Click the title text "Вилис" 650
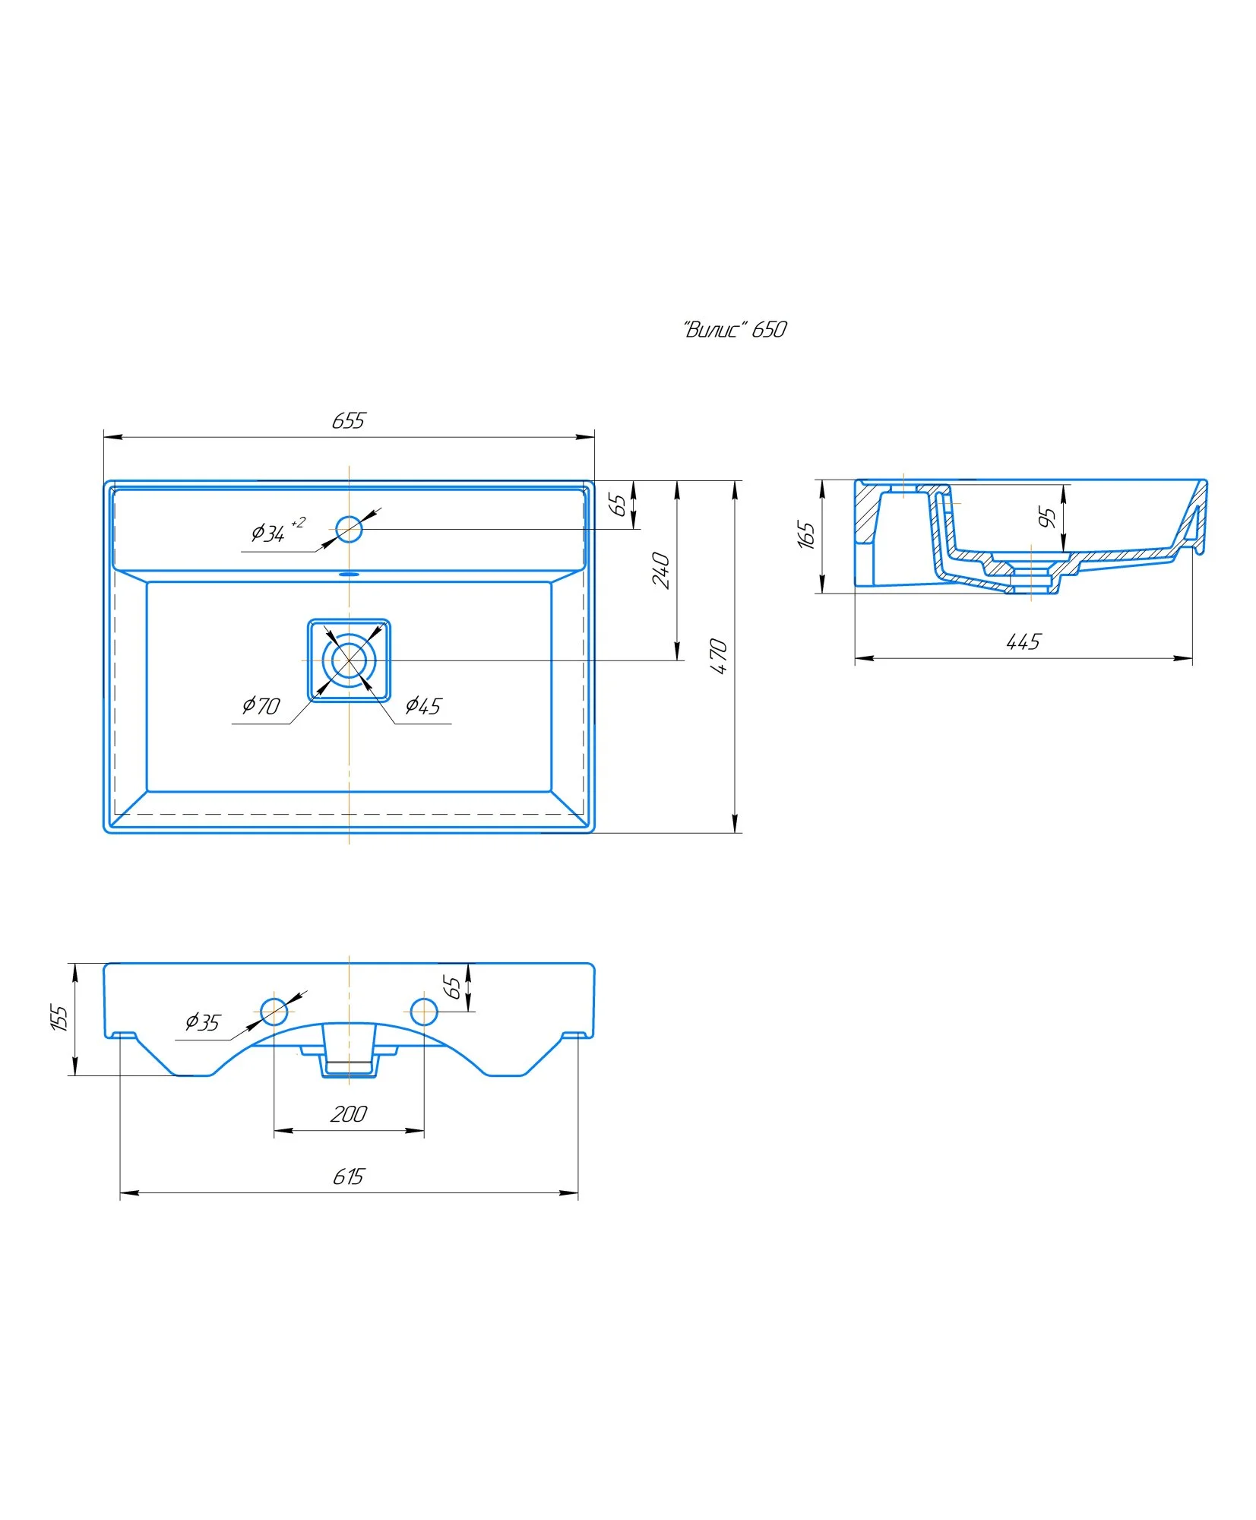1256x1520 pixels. pyautogui.click(x=734, y=329)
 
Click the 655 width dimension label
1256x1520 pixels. pyautogui.click(x=349, y=420)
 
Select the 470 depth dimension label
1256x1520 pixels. pyautogui.click(x=718, y=656)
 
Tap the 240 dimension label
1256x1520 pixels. pyautogui.click(x=661, y=570)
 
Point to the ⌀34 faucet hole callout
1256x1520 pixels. pyautogui.click(x=277, y=530)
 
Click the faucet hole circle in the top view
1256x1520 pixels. pyautogui.click(x=349, y=528)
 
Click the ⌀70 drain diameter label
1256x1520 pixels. pyautogui.click(x=261, y=706)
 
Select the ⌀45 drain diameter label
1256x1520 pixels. pyautogui.click(x=423, y=706)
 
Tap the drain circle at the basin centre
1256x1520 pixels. pyautogui.click(x=349, y=660)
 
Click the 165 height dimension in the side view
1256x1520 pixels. pyautogui.click(x=806, y=534)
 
